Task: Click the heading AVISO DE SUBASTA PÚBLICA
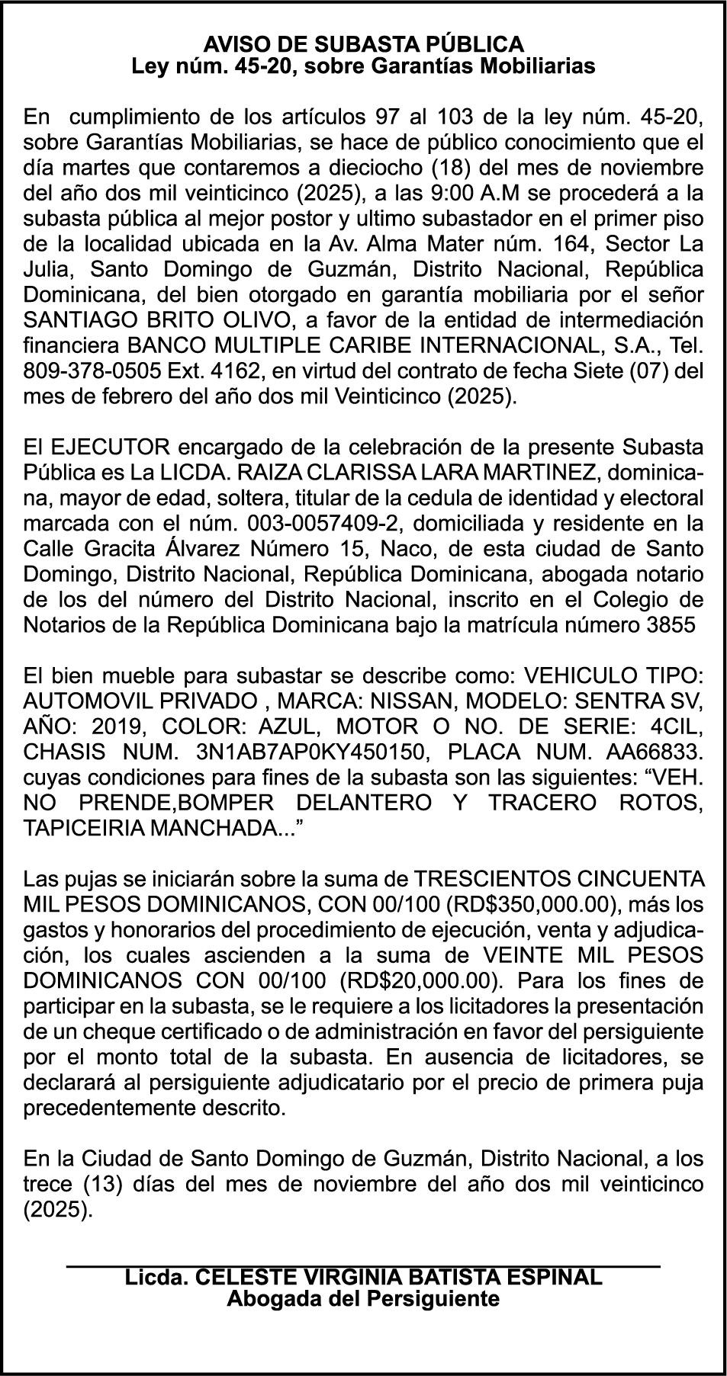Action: pos(363,43)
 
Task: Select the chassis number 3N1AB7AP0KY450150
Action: pos(310,752)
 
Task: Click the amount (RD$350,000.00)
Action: pos(532,905)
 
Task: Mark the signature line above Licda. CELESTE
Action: pos(363,1265)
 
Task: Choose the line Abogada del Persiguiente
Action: pos(363,1298)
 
